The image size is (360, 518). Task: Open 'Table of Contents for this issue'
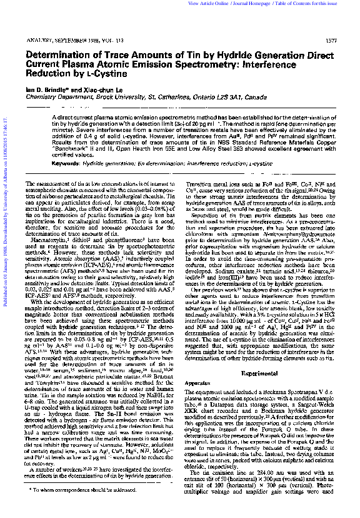point(313,4)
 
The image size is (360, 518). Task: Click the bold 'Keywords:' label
point(66,163)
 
